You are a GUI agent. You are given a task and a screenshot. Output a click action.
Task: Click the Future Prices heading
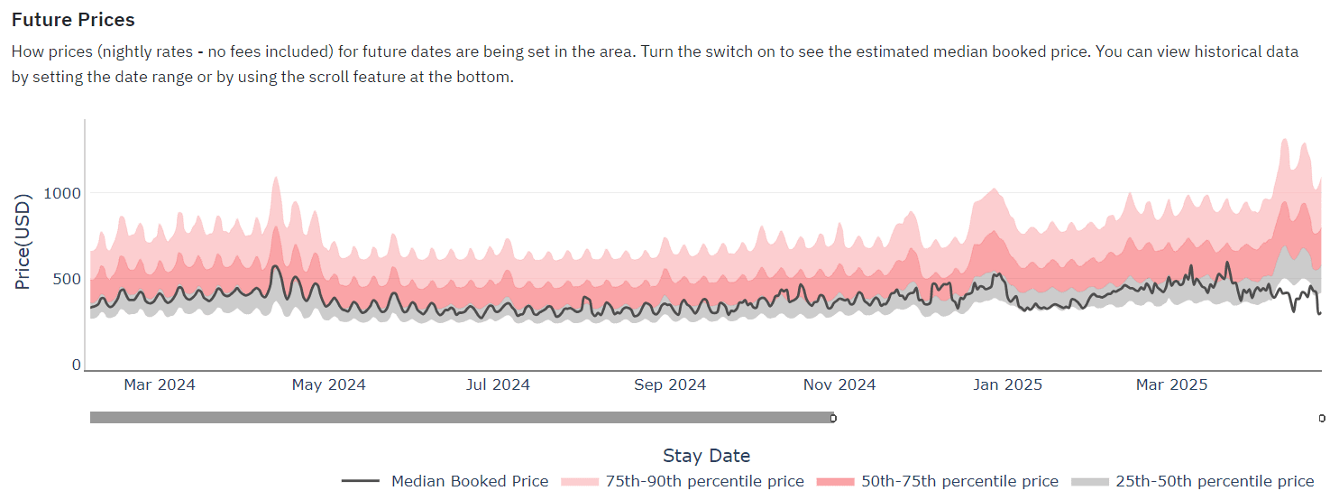73,19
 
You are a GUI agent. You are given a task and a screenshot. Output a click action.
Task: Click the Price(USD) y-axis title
23,241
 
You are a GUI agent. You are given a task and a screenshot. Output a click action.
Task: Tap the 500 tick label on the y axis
67,279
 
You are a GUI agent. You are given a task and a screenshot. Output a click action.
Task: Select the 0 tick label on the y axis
77,365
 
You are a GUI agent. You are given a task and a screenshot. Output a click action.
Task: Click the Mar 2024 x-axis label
160,384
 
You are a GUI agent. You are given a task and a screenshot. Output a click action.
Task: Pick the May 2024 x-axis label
329,384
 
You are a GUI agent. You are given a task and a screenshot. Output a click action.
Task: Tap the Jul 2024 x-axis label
498,384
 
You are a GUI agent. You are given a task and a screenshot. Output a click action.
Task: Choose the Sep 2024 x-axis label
670,384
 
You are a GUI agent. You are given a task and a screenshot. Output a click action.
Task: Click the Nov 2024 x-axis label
839,384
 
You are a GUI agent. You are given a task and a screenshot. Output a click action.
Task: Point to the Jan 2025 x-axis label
1007,384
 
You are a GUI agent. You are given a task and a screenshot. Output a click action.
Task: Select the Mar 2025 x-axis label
1171,384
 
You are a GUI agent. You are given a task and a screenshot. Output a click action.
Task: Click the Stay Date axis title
706,456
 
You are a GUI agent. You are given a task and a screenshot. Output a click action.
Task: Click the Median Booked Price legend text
469,481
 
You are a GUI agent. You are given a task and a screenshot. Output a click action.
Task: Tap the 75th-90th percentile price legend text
704,481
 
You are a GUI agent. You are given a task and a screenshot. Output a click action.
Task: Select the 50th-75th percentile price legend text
959,481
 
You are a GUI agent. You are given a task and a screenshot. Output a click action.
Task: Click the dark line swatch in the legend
361,481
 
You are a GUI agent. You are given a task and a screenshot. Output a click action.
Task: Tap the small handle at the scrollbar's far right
1322,418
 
